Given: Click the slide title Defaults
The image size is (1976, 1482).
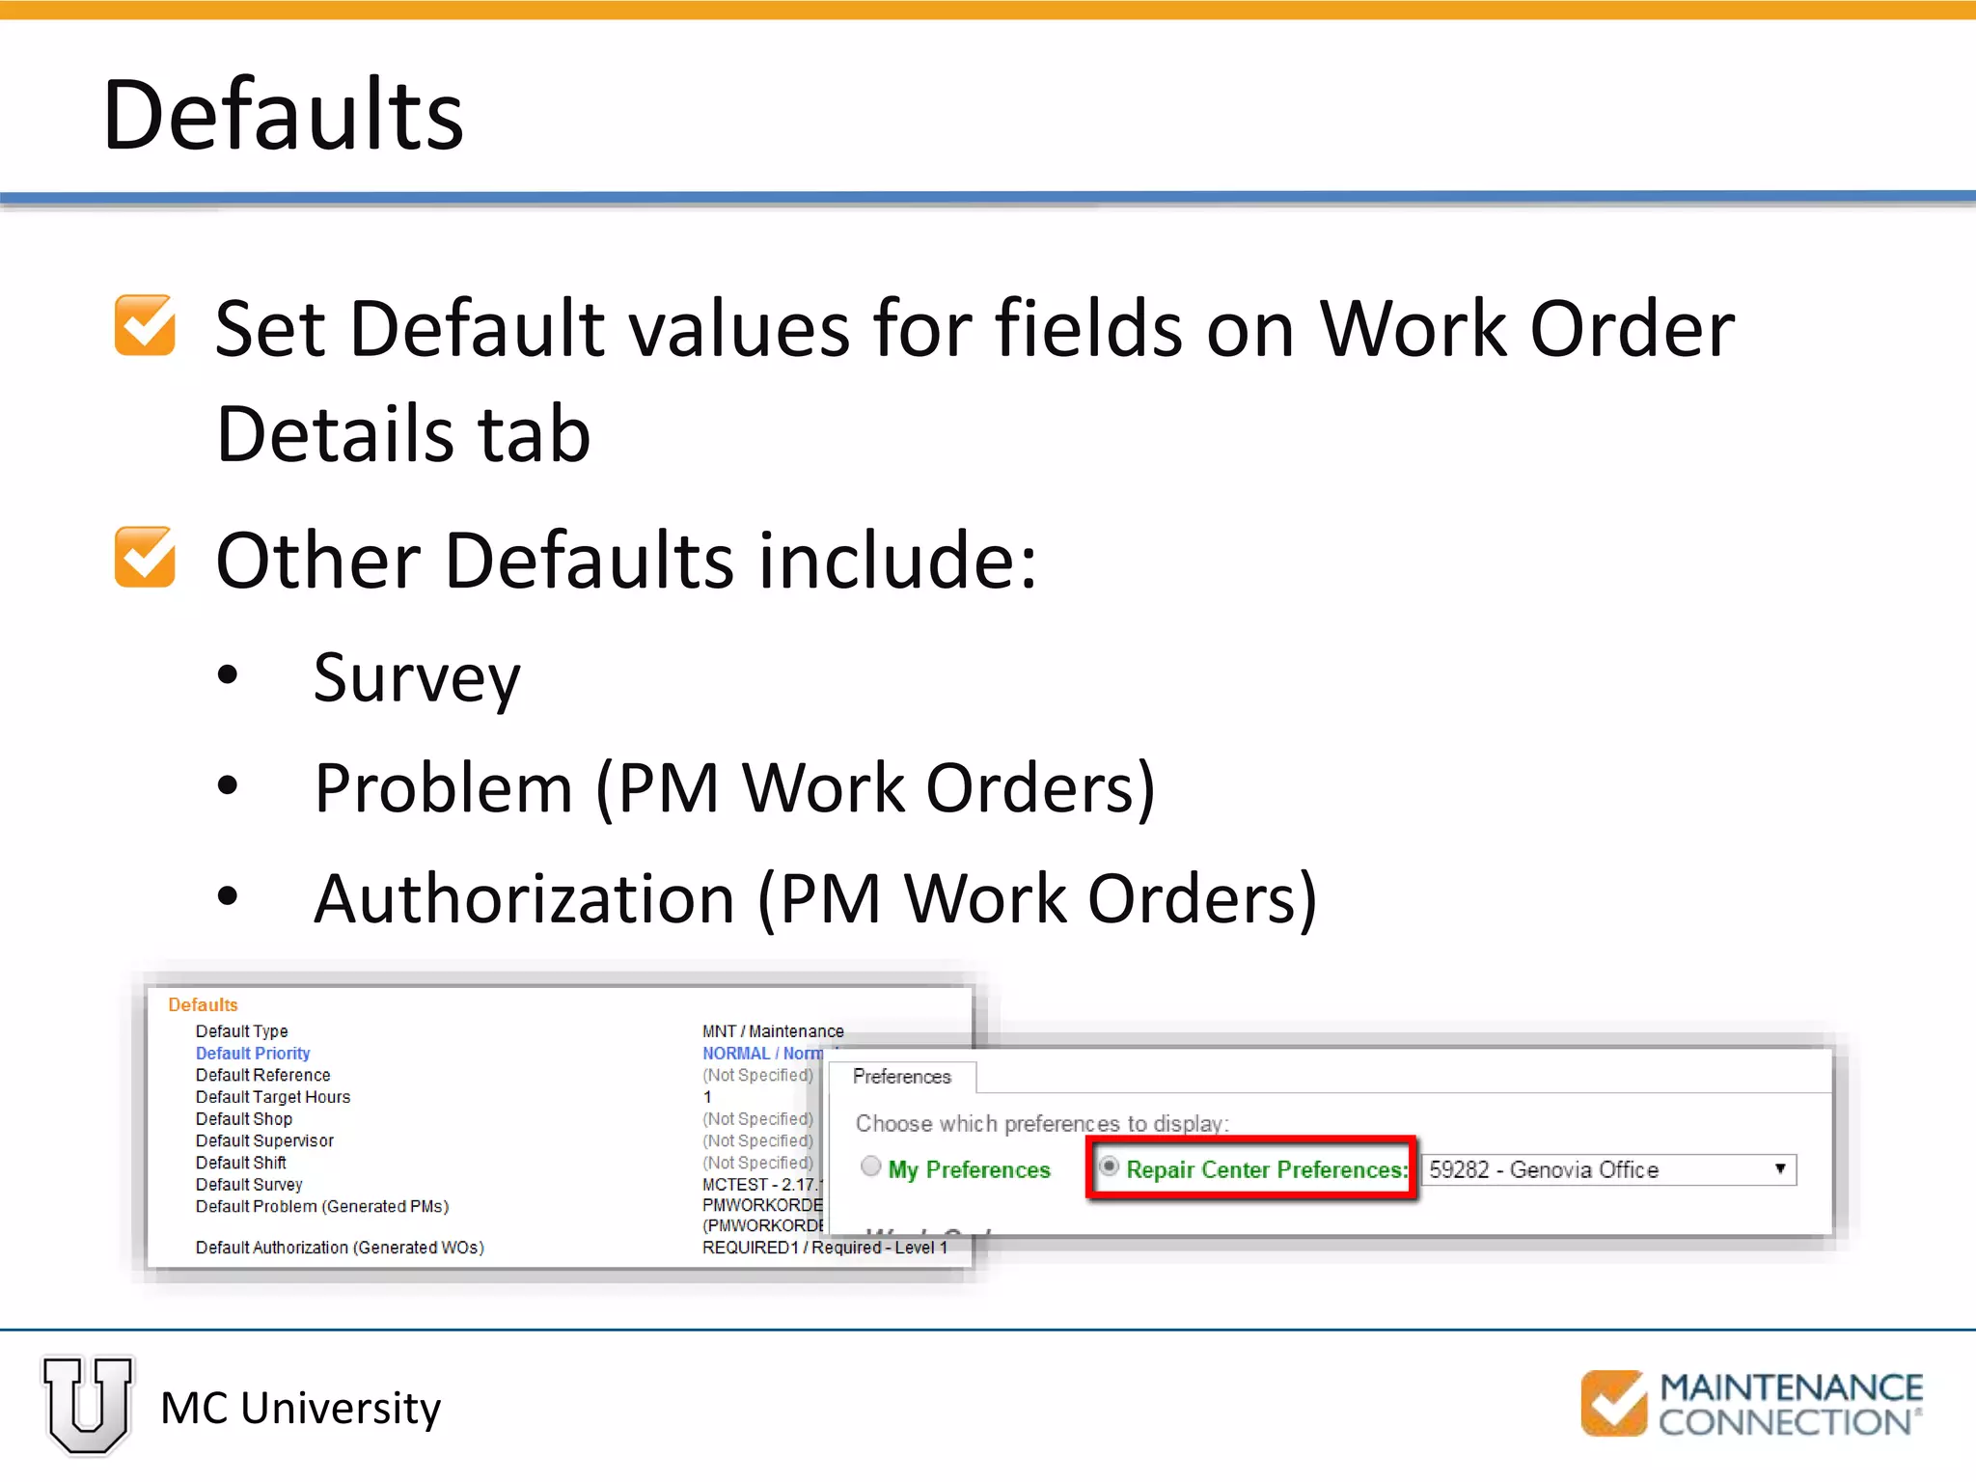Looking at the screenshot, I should point(283,115).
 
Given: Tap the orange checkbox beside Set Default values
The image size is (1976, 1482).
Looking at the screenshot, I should point(145,325).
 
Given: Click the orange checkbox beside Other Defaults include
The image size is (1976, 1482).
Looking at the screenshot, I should point(145,557).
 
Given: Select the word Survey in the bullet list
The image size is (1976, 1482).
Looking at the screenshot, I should point(417,678).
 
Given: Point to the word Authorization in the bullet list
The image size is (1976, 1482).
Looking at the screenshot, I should point(525,898).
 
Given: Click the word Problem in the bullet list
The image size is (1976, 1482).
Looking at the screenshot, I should point(444,788).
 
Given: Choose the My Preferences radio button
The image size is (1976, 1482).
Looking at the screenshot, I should point(871,1167).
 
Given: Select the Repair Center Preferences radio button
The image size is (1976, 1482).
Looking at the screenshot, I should point(1110,1167).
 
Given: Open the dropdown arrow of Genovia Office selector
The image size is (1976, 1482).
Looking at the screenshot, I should point(1780,1169).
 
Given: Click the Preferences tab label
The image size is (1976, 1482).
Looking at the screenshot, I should point(902,1077).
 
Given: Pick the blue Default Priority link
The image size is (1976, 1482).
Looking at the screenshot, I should point(253,1054).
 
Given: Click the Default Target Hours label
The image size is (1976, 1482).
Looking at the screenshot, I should point(273,1097).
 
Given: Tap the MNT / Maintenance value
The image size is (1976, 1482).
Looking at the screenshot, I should point(773,1031).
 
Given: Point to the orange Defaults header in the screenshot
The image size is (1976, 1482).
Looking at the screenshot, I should point(203,1005).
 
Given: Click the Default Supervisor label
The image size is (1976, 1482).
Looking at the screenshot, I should point(264,1140).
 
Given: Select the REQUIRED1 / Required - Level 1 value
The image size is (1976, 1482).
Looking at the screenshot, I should point(825,1248).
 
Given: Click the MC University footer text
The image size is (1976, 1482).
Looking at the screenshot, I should point(300,1409).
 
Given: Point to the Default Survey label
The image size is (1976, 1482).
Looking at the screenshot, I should point(249,1185).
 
